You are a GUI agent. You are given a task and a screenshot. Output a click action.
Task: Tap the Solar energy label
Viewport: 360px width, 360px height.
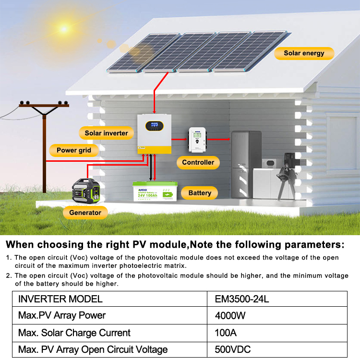(x=304, y=53)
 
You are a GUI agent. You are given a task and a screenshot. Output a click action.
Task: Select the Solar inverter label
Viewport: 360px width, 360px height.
(x=106, y=133)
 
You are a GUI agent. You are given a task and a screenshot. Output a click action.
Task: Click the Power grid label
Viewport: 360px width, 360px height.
(x=73, y=150)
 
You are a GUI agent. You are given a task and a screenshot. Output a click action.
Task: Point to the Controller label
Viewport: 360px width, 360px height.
(x=198, y=162)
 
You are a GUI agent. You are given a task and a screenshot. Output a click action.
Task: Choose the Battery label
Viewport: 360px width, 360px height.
(x=200, y=193)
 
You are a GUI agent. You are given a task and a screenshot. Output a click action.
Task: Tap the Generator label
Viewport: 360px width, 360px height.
(x=85, y=212)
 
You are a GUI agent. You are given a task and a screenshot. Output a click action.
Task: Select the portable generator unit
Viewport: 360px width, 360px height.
(x=85, y=192)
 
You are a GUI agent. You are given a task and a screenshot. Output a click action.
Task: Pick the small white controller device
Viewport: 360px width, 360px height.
(x=197, y=139)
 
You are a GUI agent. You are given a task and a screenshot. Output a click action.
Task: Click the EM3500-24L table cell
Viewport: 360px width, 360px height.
(x=241, y=299)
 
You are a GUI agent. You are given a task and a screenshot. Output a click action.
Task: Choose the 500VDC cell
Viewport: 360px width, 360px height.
(x=232, y=349)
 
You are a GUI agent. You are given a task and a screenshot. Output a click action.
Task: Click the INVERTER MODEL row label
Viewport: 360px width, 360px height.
(x=60, y=299)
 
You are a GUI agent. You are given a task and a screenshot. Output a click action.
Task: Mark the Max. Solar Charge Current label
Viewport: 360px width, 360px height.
(x=74, y=333)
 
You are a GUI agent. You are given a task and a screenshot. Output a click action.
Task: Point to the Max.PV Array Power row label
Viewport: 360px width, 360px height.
(x=61, y=316)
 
